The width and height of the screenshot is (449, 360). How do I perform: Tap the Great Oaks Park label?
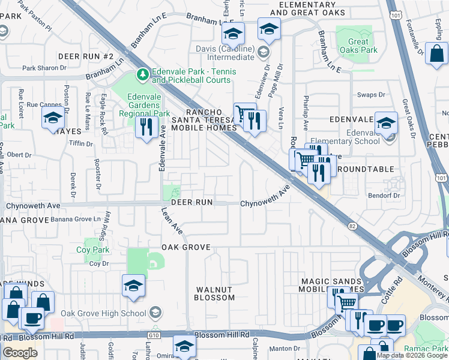coord(359,46)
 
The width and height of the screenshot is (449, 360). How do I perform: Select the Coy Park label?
coord(92,250)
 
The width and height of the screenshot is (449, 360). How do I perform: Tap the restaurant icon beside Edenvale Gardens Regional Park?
coord(146,127)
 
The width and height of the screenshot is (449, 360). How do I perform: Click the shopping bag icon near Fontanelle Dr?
coord(437,53)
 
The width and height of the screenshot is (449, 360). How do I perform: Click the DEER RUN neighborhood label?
coord(191,203)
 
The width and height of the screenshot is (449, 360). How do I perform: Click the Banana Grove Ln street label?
coord(76,220)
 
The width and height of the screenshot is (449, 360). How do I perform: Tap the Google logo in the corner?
coord(20,353)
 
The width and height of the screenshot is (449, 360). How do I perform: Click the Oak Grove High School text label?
coord(104,313)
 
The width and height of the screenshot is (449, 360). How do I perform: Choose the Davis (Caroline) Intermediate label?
coord(222,53)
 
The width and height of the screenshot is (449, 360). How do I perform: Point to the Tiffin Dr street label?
coord(81,144)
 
